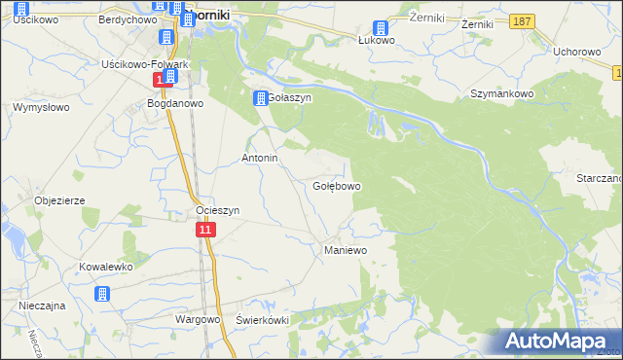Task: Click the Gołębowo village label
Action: click(337, 185)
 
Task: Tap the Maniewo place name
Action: click(344, 250)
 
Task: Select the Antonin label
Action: click(260, 158)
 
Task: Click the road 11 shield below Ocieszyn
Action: click(204, 230)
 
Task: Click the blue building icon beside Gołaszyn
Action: click(261, 98)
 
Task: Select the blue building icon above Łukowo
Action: click(381, 28)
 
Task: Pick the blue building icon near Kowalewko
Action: click(102, 293)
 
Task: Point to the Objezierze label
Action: click(59, 200)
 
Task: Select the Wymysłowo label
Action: click(38, 108)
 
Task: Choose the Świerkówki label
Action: click(264, 320)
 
